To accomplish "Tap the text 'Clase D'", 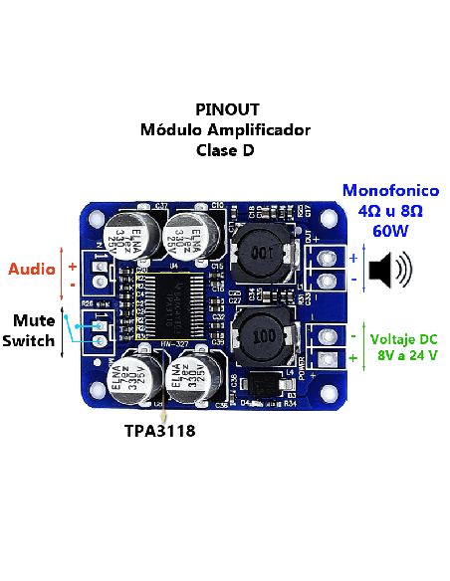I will pos(225,151).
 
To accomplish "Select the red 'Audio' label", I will pos(32,270).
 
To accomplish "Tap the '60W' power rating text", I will pos(391,231).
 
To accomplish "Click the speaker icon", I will pos(389,269).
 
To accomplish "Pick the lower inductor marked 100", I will pos(263,335).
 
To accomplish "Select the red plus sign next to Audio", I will pos(72,267).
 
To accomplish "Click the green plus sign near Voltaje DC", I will pos(352,356).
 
